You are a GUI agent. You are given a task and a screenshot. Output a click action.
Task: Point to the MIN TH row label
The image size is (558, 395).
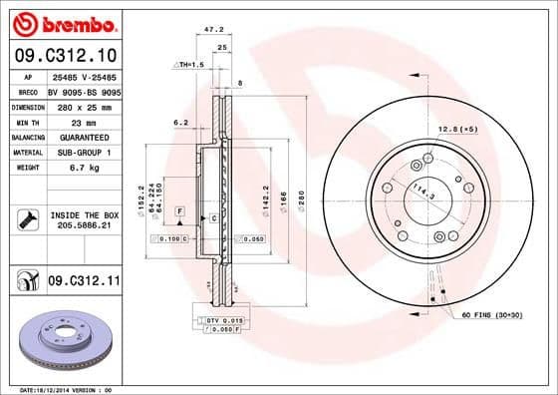28,121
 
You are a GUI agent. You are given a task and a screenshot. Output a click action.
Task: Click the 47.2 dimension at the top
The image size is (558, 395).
212,30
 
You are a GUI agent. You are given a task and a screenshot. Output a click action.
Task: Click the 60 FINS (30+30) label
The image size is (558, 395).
492,315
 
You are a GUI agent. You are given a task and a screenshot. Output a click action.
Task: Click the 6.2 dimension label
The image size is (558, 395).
180,123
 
